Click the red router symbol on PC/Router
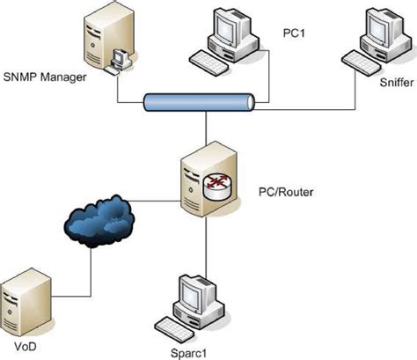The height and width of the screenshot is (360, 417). pyautogui.click(x=213, y=182)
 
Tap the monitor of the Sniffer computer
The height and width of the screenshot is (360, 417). pyautogui.click(x=374, y=31)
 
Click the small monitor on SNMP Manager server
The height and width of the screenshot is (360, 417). pyautogui.click(x=119, y=59)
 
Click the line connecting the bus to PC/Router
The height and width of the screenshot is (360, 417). pyautogui.click(x=205, y=130)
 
